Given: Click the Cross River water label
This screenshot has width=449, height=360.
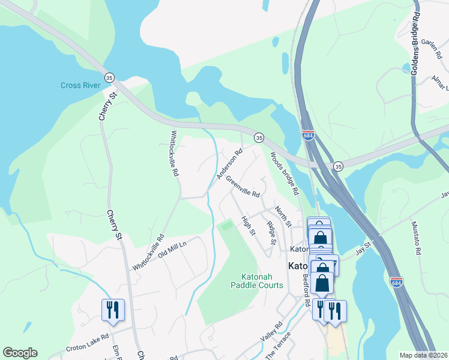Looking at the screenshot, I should pos(80,85).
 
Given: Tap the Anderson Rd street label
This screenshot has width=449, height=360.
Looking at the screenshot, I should pos(229,165).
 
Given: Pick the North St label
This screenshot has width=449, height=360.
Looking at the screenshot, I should pos(282,216).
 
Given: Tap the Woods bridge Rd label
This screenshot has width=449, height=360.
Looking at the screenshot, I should pos(285,174).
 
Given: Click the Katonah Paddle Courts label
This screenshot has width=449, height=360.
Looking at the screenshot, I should pos(257,281).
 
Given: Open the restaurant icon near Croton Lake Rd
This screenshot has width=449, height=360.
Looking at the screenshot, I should pos(113,310).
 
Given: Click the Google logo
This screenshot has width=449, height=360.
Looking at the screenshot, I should pos(20,353).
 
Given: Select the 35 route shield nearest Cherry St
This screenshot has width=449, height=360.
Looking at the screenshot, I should pos(109,78).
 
